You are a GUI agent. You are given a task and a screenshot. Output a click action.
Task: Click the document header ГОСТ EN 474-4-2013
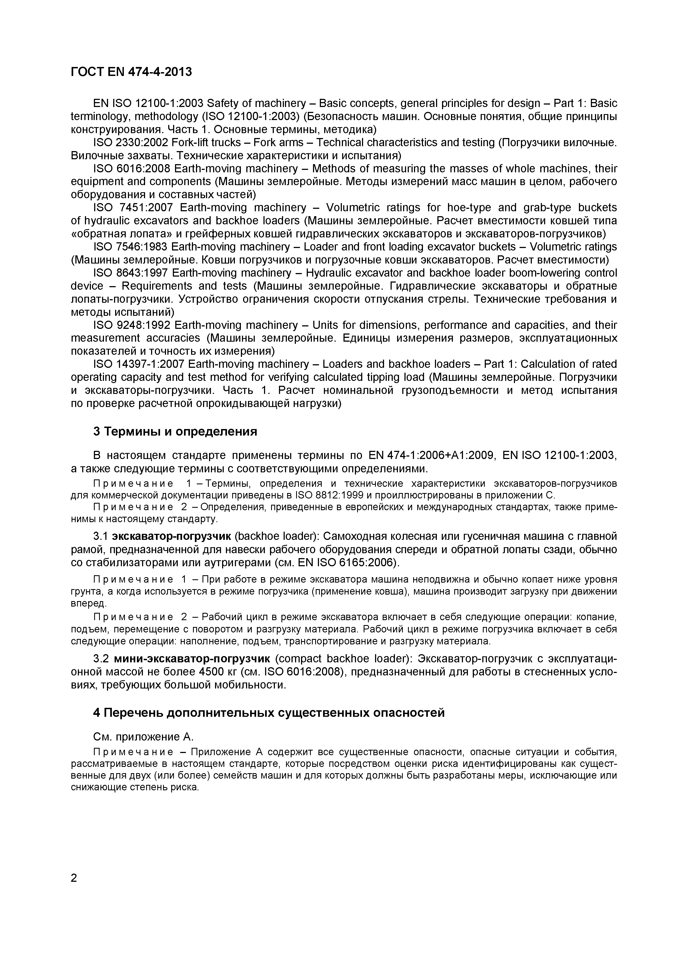pyautogui.click(x=131, y=72)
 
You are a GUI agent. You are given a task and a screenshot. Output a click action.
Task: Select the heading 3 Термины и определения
pyautogui.click(x=175, y=431)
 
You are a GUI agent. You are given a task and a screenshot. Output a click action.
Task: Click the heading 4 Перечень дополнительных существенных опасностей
pyautogui.click(x=269, y=712)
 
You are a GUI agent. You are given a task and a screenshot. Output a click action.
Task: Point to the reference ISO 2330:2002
pyautogui.click(x=131, y=143)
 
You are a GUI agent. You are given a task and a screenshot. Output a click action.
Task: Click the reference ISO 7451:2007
pyautogui.click(x=131, y=207)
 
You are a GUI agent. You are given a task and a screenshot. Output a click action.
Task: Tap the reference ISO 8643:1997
pyautogui.click(x=131, y=273)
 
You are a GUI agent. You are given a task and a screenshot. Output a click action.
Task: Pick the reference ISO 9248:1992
pyautogui.click(x=131, y=325)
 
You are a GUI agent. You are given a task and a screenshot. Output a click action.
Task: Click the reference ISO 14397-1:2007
pyautogui.click(x=139, y=364)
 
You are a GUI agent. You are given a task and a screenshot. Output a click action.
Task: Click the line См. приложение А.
pyautogui.click(x=143, y=737)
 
